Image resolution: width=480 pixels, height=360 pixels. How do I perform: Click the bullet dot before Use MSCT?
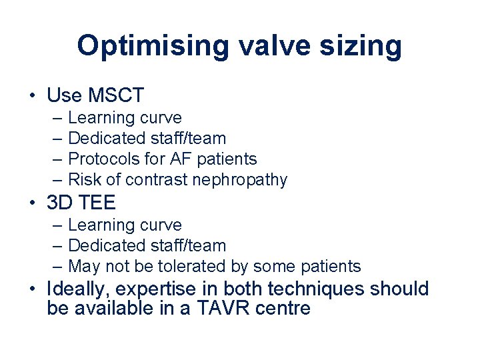[32, 96]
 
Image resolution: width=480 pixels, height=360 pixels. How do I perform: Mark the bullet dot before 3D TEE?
[32, 203]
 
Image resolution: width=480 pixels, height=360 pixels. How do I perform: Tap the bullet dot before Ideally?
[32, 289]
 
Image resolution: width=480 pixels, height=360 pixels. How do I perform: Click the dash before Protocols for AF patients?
[57, 159]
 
